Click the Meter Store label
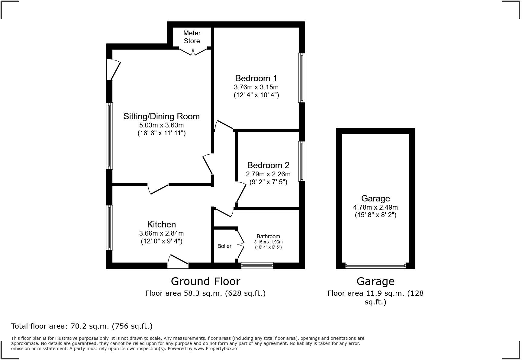[x=192, y=37]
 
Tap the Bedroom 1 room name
[x=256, y=78]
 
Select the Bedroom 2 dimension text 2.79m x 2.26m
[x=268, y=174]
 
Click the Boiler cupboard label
[x=224, y=246]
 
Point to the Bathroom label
[x=268, y=236]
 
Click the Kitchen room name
[x=161, y=224]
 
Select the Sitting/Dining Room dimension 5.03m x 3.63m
[x=161, y=125]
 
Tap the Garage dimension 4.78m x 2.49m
[x=375, y=207]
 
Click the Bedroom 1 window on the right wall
[x=301, y=78]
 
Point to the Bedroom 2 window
[x=301, y=161]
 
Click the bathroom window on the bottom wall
[x=257, y=265]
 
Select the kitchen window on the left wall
[x=109, y=228]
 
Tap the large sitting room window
[x=110, y=136]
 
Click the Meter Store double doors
[x=194, y=51]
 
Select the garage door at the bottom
[x=375, y=266]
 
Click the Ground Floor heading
[x=205, y=281]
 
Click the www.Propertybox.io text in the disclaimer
[x=215, y=349]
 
